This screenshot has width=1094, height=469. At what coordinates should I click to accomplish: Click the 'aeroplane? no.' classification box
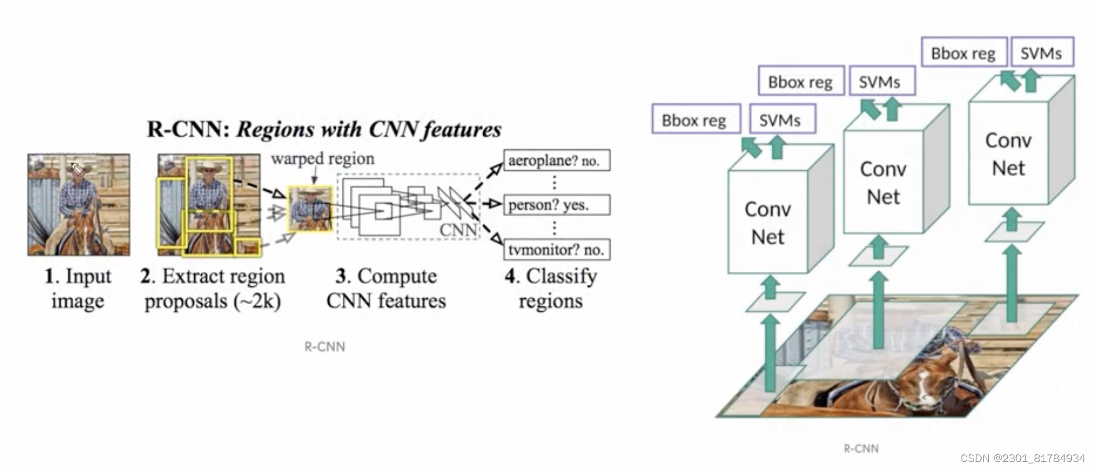tap(556, 160)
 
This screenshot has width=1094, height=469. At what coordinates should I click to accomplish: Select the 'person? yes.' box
tap(556, 205)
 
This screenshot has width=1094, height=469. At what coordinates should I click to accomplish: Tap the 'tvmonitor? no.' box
tap(556, 250)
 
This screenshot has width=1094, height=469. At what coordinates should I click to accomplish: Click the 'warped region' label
tap(322, 158)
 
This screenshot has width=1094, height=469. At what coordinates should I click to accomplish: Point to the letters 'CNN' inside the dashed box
tap(458, 230)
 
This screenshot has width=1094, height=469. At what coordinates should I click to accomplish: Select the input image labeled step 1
tap(78, 205)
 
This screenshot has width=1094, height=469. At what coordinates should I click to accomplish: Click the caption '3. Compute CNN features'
tap(386, 288)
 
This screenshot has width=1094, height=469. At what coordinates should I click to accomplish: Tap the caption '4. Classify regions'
tap(551, 288)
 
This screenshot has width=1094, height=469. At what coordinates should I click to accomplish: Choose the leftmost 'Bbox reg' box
tap(695, 119)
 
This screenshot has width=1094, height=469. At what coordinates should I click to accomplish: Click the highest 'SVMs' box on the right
tap(1041, 53)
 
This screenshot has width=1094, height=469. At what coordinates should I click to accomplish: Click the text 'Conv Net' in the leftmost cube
tap(768, 223)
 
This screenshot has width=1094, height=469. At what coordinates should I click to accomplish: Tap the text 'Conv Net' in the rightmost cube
tap(1008, 154)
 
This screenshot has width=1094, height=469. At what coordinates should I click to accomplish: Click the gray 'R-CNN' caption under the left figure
tap(325, 347)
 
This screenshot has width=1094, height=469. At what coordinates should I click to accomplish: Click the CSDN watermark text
tap(1022, 458)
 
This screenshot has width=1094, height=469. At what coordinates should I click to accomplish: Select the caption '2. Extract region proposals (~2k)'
tap(213, 288)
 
